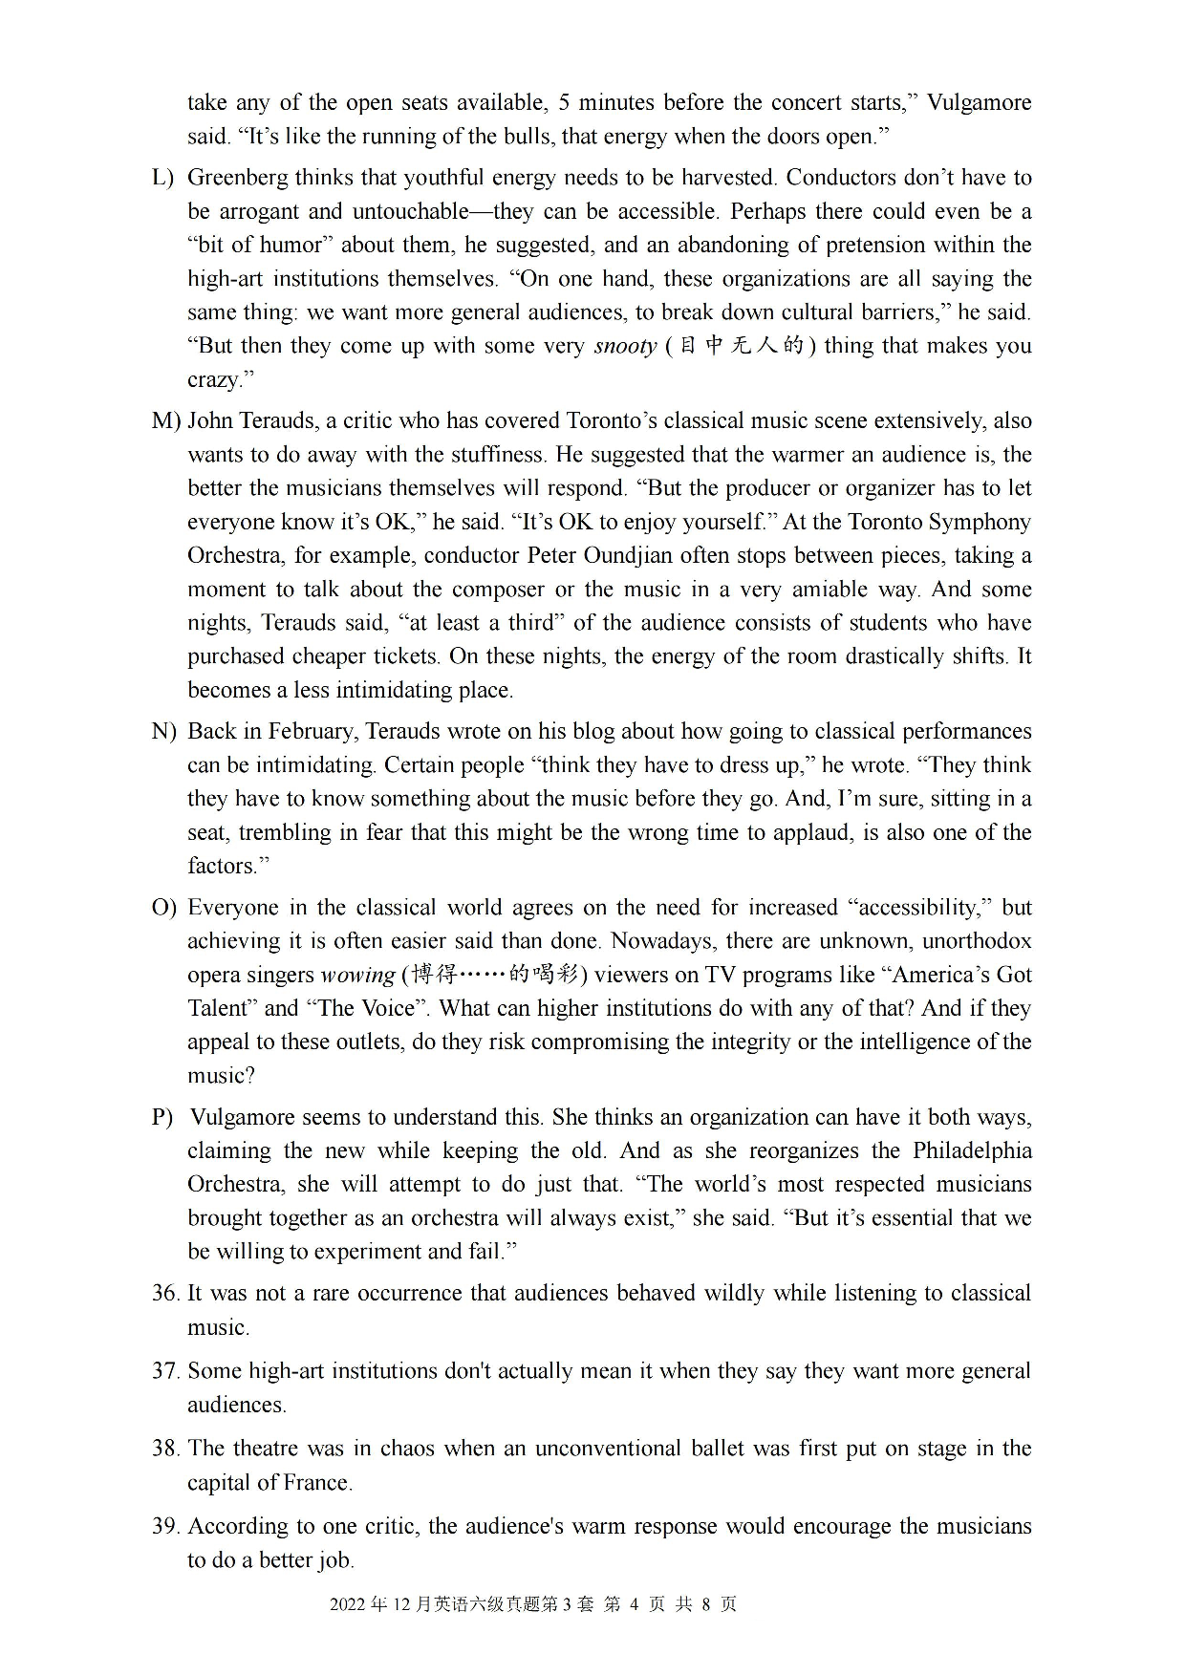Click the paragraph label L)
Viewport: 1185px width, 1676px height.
pos(162,178)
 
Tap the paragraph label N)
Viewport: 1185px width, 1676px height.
pos(163,732)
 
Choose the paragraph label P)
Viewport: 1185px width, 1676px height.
pos(162,1118)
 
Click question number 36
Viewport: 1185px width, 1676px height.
pos(165,1294)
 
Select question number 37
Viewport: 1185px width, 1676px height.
pos(165,1371)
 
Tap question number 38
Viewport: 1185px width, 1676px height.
pos(165,1449)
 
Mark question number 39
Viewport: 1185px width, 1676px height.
pos(165,1526)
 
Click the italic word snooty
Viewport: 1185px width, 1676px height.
pos(625,347)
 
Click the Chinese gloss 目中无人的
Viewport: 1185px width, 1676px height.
pos(741,346)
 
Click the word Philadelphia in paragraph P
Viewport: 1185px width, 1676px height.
pos(971,1151)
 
